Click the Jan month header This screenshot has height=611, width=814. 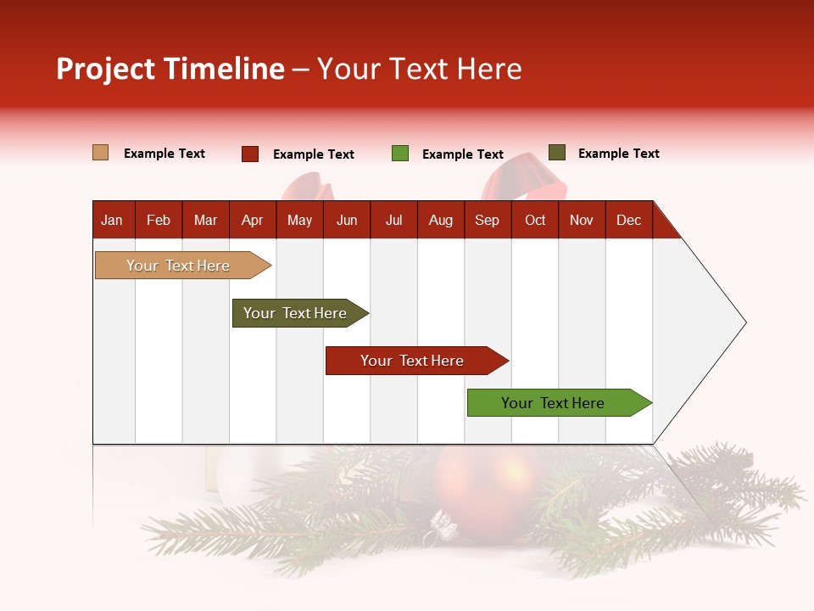(112, 220)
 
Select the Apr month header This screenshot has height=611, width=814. (252, 220)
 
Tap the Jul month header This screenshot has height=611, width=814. (393, 220)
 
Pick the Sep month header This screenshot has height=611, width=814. (487, 220)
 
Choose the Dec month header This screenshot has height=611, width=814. (628, 220)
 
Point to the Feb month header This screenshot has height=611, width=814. (159, 220)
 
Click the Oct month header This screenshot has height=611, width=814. (535, 220)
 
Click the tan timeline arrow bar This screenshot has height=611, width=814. (178, 266)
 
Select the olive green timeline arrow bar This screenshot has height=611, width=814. (295, 313)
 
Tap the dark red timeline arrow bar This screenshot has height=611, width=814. (412, 361)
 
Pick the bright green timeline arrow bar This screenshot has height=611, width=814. (553, 403)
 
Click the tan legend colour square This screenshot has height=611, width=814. (101, 153)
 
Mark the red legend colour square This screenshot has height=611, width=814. (250, 154)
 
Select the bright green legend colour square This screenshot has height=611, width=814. (400, 154)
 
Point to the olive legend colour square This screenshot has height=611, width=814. (557, 153)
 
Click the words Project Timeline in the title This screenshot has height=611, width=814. (170, 69)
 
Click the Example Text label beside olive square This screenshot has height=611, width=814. (618, 154)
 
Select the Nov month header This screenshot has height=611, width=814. (582, 220)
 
